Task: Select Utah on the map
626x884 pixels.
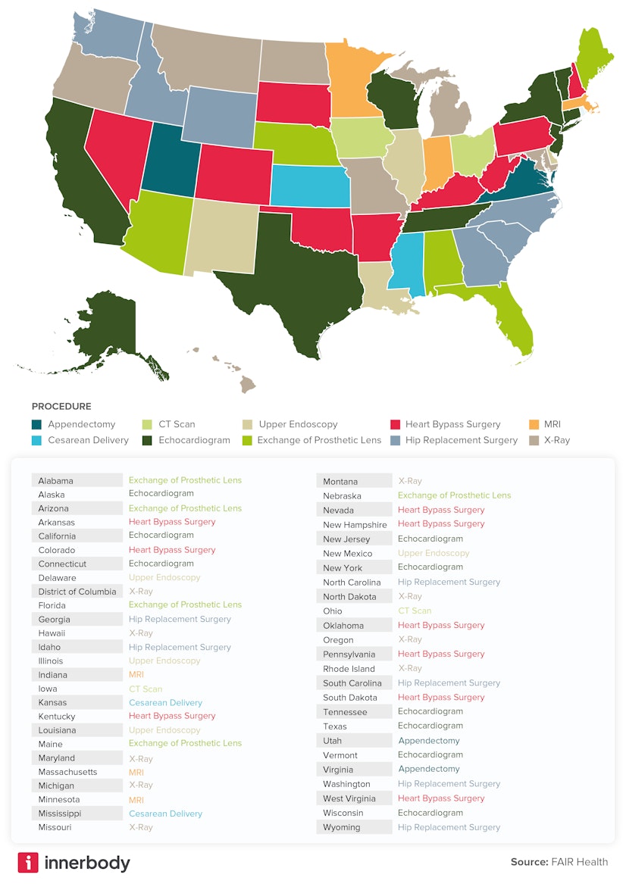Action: [x=171, y=160]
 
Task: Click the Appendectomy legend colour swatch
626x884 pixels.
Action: [x=37, y=425]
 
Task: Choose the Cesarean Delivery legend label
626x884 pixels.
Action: [x=88, y=440]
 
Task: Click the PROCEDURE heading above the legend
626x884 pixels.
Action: [x=61, y=407]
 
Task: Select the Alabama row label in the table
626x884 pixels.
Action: [x=56, y=480]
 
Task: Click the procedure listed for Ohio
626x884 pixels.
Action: [x=415, y=611]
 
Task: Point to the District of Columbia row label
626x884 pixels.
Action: [x=77, y=592]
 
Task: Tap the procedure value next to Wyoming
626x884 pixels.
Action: [x=449, y=827]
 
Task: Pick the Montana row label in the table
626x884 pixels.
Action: [x=340, y=482]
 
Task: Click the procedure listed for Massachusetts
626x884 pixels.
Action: [x=136, y=772]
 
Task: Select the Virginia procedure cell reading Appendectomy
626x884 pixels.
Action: [x=429, y=769]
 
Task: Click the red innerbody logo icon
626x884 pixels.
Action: [x=28, y=863]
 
